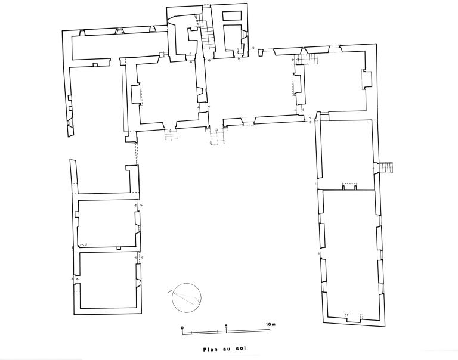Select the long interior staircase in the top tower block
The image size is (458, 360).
click(207, 38)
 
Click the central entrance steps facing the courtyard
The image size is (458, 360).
click(216, 138)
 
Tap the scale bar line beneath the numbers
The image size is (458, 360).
click(226, 330)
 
